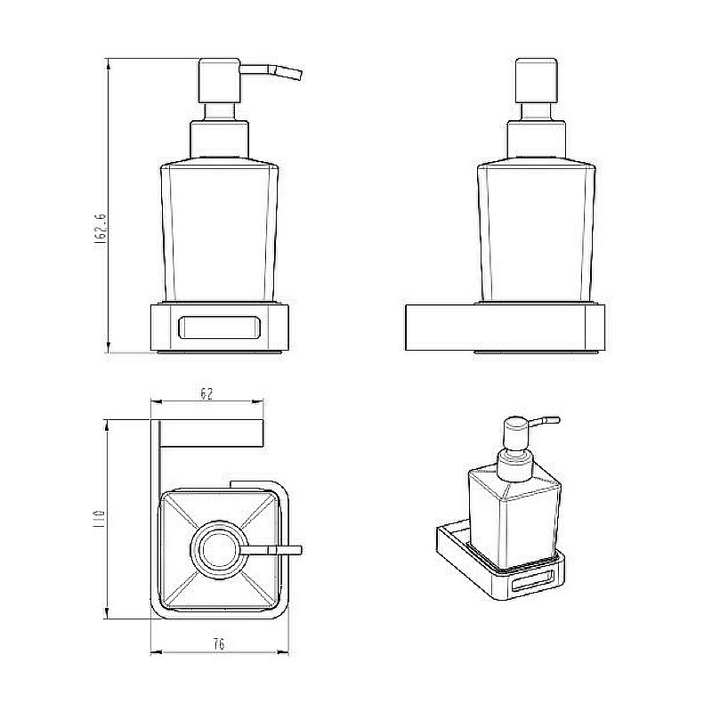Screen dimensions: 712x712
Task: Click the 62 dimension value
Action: pos(206,394)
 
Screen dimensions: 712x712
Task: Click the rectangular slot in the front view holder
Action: pos(219,328)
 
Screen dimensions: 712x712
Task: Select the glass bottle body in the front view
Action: pos(219,231)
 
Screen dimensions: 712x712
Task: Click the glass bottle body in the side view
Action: pos(537,231)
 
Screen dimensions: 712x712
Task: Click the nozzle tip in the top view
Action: pos(295,549)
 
